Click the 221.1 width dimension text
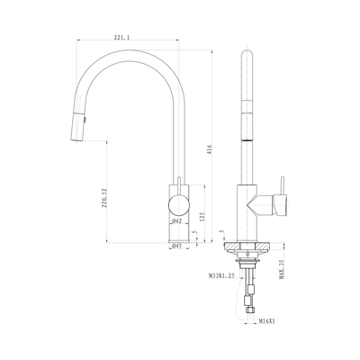[x=121, y=37]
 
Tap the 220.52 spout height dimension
[x=104, y=198]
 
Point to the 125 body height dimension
[x=202, y=216]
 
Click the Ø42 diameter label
[x=177, y=221]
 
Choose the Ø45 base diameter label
[x=177, y=246]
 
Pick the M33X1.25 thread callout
[x=221, y=275]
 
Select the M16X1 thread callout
[x=267, y=321]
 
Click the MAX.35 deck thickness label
[x=282, y=269]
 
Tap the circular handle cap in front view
[x=179, y=205]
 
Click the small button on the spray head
[x=85, y=120]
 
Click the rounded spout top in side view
[x=247, y=52]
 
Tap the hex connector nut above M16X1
[x=248, y=310]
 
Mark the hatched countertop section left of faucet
[x=231, y=246]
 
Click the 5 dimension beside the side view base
[x=221, y=231]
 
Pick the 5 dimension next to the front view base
[x=194, y=232]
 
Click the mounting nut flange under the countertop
[x=247, y=262]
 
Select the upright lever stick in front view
[x=179, y=185]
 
